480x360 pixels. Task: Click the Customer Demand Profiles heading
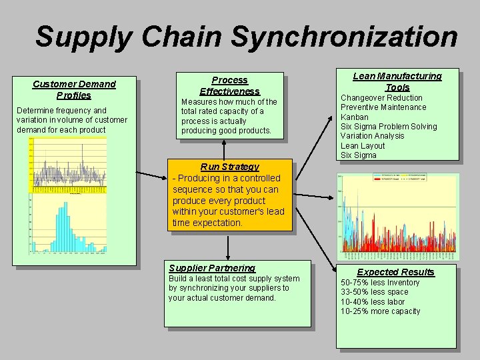74,89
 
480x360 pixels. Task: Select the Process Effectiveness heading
229,85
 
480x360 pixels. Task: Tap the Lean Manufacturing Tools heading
397,81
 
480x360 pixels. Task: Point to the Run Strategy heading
229,167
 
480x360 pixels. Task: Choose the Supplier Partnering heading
212,268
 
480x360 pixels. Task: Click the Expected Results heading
395,272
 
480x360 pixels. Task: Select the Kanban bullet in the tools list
354,117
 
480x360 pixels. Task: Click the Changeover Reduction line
381,98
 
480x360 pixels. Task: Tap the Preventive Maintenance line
383,107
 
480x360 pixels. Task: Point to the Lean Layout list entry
363,145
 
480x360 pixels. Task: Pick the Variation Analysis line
372,136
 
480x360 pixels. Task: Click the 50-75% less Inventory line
380,283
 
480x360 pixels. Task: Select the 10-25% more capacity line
380,311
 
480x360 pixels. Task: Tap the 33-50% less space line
374,292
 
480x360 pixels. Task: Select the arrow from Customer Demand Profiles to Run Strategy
151,175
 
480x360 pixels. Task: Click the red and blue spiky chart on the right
398,217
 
